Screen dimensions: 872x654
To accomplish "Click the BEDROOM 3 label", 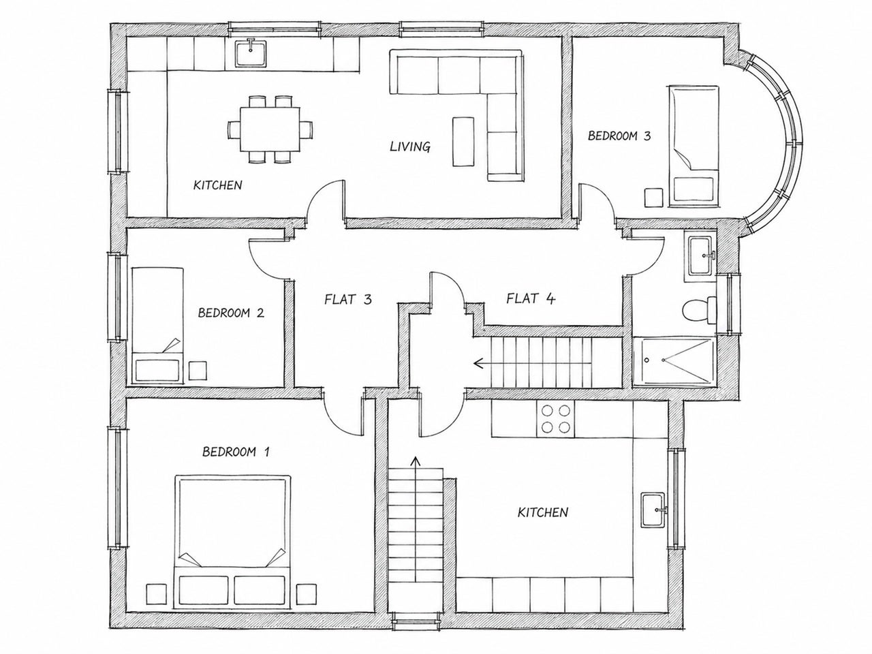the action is tap(619, 136).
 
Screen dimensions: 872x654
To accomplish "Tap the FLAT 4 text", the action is tap(530, 298).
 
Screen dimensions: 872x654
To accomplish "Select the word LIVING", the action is tap(410, 147).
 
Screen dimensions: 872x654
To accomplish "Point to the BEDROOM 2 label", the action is tap(231, 313).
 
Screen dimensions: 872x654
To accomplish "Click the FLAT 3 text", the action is tap(348, 299).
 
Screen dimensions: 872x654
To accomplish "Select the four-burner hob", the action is tap(555, 418).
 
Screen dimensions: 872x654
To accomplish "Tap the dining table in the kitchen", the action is tap(270, 129).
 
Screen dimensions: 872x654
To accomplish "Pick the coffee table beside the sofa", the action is tap(463, 142).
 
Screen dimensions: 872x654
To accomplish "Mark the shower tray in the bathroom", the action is tap(673, 362).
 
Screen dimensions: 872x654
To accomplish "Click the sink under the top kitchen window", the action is tap(250, 53).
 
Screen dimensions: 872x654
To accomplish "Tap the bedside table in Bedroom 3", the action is tap(653, 198).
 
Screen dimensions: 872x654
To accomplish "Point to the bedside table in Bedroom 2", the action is tap(198, 370).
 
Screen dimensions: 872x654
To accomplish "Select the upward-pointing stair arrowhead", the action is tap(416, 461).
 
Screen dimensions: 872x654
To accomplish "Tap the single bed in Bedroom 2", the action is tap(158, 326).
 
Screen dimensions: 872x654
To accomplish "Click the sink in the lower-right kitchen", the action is tap(653, 510).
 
